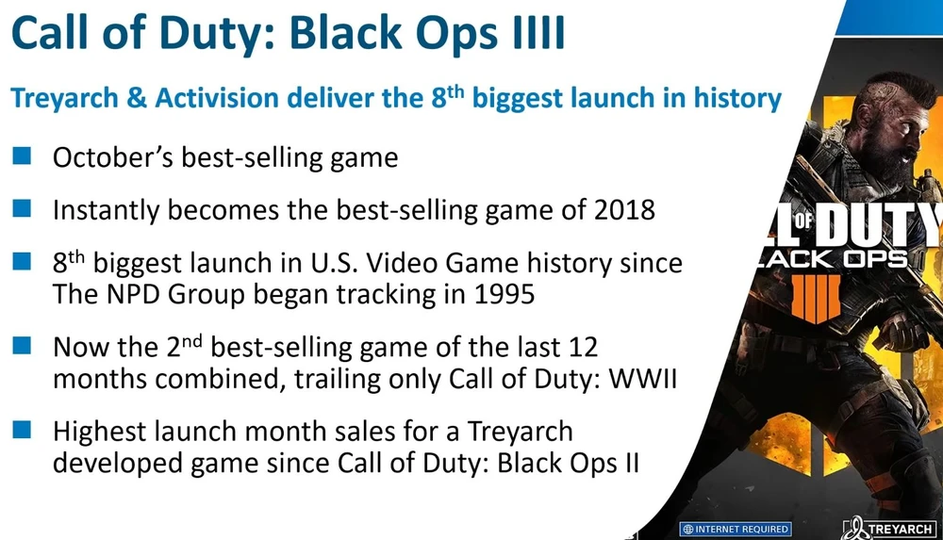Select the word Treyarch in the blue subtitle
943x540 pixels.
coord(64,99)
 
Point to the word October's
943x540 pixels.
coord(113,157)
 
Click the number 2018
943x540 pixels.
coord(624,210)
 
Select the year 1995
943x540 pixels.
coord(505,294)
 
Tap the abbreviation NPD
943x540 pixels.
coord(134,294)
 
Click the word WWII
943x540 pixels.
coord(643,378)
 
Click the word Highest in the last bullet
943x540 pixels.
coord(100,432)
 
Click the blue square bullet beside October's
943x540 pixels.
coord(22,155)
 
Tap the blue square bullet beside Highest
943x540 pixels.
coord(22,430)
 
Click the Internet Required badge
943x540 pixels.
coord(736,530)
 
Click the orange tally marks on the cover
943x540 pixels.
coord(816,299)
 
